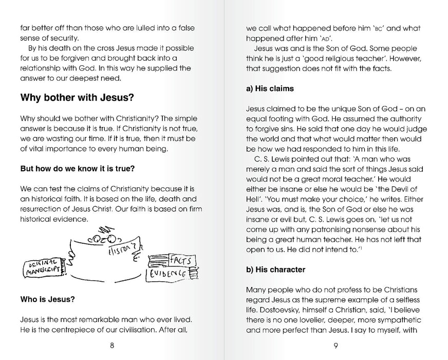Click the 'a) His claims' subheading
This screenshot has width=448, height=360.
[270, 88]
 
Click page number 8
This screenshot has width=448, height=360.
[112, 345]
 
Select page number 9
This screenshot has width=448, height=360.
[335, 345]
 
